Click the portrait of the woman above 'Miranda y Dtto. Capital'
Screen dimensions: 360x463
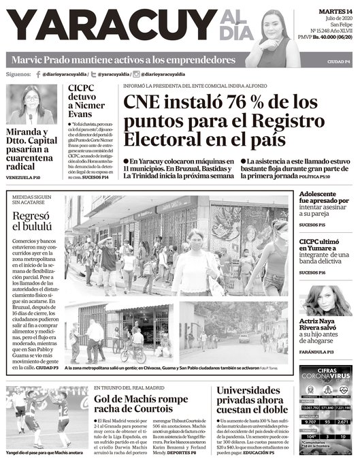tap(31, 106)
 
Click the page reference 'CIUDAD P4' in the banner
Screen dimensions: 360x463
tap(337, 62)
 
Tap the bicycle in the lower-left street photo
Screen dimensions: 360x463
tap(133, 355)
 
